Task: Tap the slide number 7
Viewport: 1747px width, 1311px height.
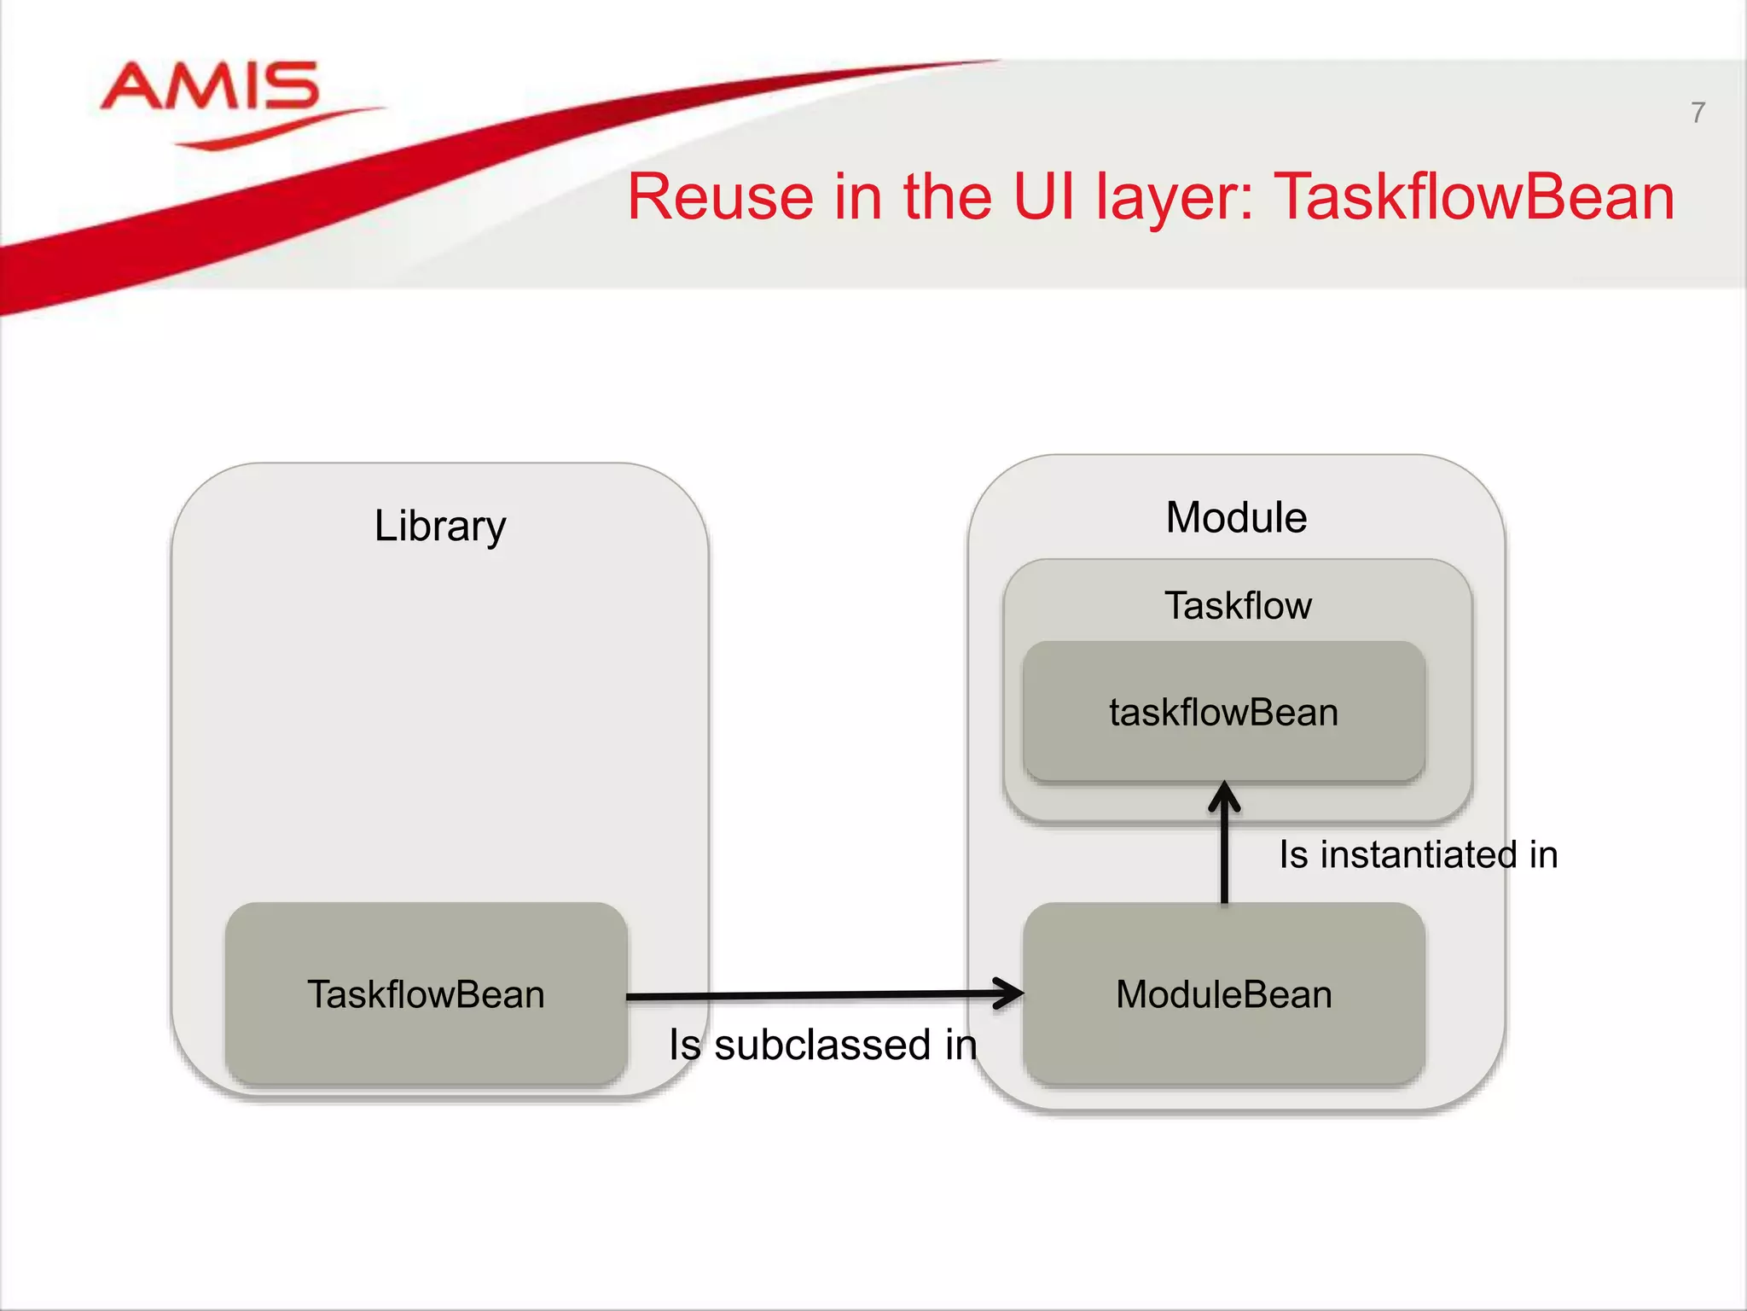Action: pyautogui.click(x=1698, y=113)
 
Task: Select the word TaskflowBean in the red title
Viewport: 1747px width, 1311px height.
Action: pyautogui.click(x=1474, y=197)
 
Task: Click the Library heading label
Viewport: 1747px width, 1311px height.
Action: pyautogui.click(x=440, y=526)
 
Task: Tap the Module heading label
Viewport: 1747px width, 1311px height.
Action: pyautogui.click(x=1236, y=517)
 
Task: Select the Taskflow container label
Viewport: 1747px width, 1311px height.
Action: pyautogui.click(x=1238, y=606)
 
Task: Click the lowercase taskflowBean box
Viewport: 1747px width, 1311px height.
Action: pyautogui.click(x=1223, y=712)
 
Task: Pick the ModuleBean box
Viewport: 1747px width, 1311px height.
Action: pyautogui.click(x=1223, y=994)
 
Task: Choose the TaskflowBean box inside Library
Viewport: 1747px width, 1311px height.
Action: pyautogui.click(x=426, y=994)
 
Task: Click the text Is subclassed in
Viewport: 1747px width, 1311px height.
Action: pyautogui.click(x=822, y=1045)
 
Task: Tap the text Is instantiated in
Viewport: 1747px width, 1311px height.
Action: pyautogui.click(x=1418, y=854)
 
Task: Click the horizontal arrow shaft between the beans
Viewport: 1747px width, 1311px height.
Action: pyautogui.click(x=810, y=995)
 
